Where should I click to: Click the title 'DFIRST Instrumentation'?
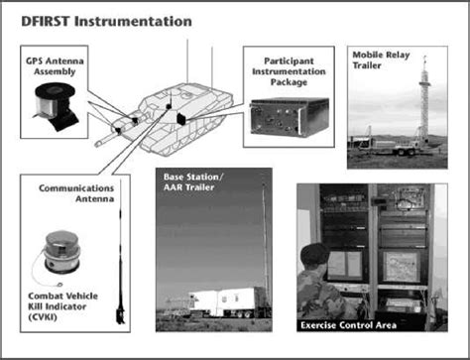(106, 22)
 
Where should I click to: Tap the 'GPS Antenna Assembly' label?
(55, 66)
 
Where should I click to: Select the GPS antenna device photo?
(56, 106)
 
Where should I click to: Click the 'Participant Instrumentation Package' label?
(289, 71)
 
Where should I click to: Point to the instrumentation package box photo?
(290, 117)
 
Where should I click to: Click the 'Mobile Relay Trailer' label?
(381, 60)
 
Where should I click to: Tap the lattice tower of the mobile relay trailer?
(423, 99)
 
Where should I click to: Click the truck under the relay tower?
(390, 147)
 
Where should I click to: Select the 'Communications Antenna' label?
(76, 193)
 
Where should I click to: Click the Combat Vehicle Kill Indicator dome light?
(62, 252)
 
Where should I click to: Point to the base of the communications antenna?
(120, 315)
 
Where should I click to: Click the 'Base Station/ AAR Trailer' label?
(193, 181)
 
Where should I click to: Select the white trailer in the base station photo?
(226, 302)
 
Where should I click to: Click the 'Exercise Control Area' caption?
(348, 325)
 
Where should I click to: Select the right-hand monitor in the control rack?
(400, 267)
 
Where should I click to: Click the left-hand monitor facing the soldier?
(344, 265)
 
